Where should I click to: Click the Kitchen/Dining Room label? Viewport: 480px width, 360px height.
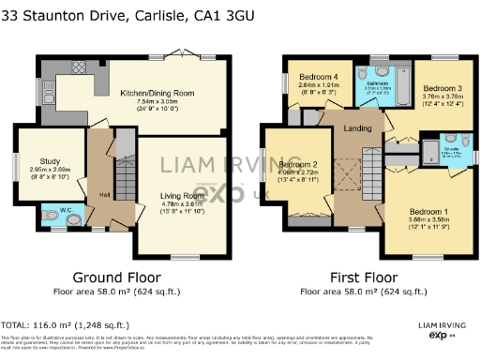pyautogui.click(x=156, y=92)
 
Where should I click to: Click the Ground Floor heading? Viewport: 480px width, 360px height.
pyautogui.click(x=117, y=278)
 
